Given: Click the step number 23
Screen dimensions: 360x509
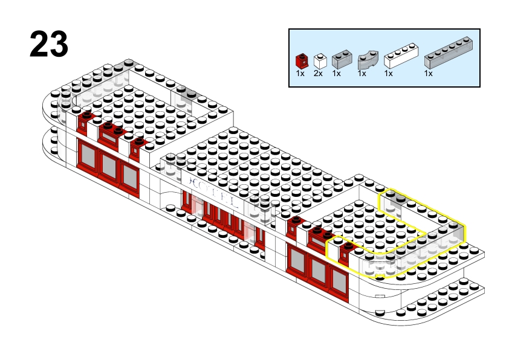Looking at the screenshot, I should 48,44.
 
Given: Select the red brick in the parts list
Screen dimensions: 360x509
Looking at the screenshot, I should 300,61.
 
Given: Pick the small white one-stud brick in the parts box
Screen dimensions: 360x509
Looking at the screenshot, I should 320,60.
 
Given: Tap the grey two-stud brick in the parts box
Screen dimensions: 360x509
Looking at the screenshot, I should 341,59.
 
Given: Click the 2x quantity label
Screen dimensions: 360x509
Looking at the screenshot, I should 318,73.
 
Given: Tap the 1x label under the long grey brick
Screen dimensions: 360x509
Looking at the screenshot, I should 428,73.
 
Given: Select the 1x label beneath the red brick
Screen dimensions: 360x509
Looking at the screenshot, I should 300,73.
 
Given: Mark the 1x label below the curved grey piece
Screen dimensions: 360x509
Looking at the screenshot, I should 361,73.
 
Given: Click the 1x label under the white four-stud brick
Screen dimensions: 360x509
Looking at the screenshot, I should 388,73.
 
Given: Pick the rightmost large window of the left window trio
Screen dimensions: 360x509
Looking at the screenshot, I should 129,175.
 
